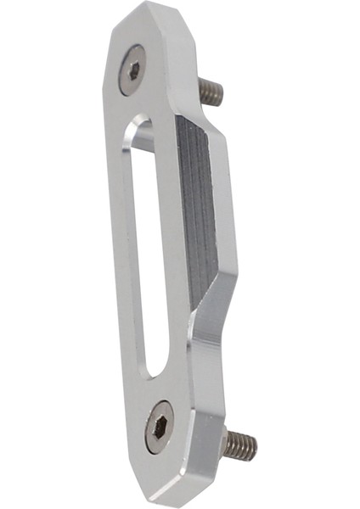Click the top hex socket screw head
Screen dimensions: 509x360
click(x=133, y=69)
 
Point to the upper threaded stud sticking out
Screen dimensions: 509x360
click(x=210, y=90)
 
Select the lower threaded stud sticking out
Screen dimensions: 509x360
click(x=239, y=444)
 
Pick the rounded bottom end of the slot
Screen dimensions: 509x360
click(x=154, y=370)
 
